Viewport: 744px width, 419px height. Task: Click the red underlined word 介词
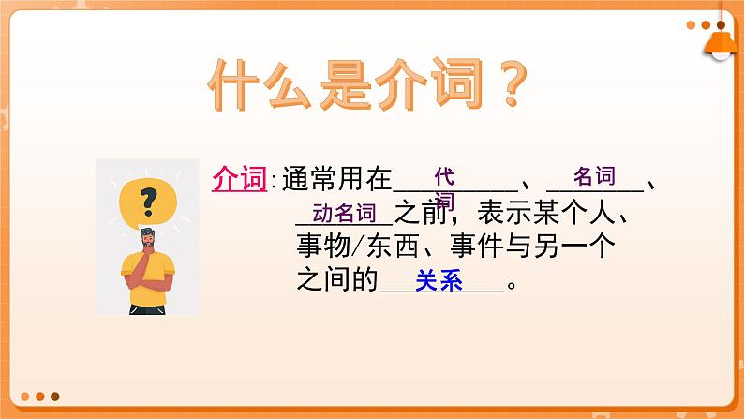tap(239, 178)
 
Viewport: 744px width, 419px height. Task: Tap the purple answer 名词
tap(594, 175)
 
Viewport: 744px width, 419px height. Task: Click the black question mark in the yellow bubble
tap(146, 200)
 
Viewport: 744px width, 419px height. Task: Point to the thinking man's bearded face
tap(150, 241)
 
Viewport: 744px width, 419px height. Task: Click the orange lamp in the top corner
tap(720, 37)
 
